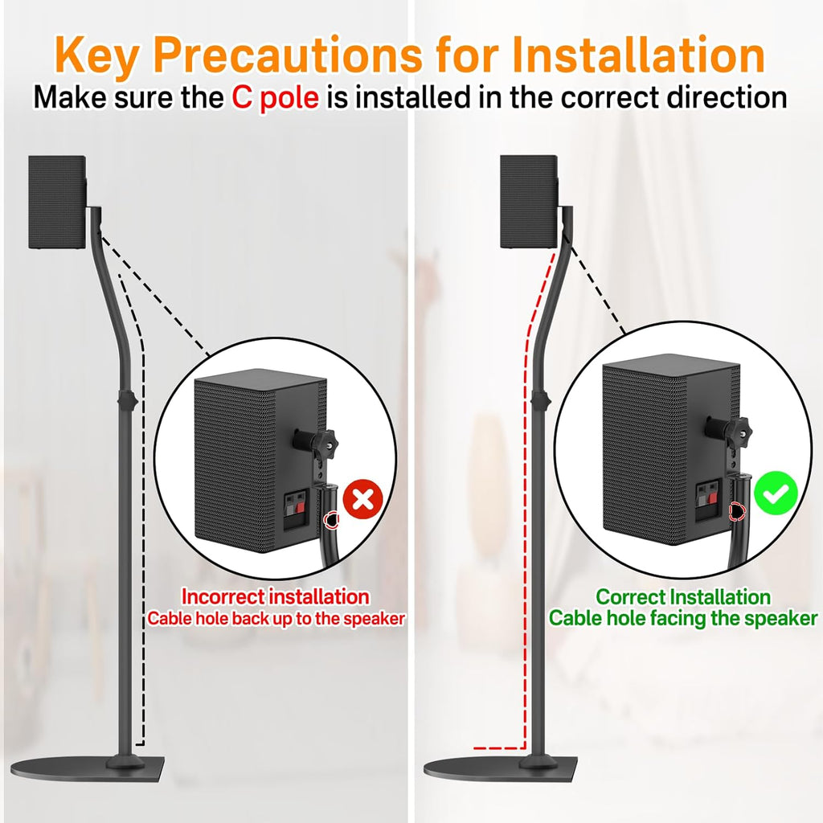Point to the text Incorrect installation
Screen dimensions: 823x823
tap(275, 597)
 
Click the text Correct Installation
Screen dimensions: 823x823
tap(683, 597)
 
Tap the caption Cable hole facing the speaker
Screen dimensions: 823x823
tap(683, 618)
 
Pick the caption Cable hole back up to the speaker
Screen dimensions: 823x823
tap(275, 619)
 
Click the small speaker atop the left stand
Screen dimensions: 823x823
tap(57, 201)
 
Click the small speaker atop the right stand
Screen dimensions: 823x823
tap(529, 201)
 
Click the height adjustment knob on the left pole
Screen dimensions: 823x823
tap(125, 399)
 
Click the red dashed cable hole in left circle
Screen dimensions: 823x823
tap(330, 521)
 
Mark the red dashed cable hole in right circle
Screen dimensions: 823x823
tap(734, 510)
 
